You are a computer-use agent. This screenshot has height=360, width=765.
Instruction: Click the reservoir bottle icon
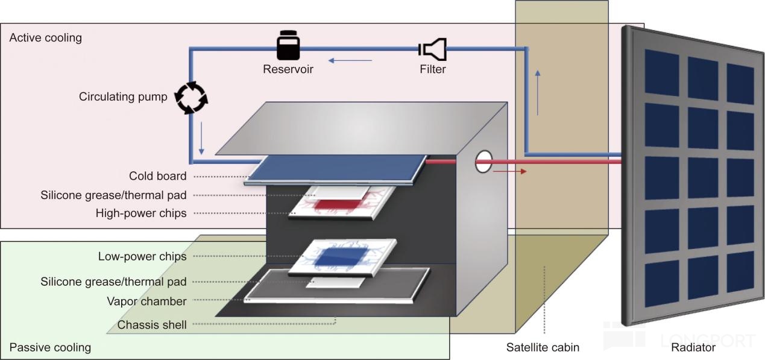tap(288, 46)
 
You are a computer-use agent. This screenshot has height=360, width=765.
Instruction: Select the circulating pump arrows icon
tap(191, 98)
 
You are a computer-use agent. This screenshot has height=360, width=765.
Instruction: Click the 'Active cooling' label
tap(45, 38)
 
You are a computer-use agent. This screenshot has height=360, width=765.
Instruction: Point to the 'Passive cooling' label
tap(50, 347)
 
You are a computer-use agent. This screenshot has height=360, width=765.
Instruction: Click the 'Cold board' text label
tap(157, 176)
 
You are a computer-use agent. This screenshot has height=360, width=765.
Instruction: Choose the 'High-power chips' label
tap(141, 213)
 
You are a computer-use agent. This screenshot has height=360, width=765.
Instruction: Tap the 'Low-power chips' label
tap(142, 256)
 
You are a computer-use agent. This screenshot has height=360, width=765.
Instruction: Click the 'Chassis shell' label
tap(152, 325)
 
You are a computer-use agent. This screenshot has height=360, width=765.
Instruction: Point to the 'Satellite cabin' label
tap(543, 347)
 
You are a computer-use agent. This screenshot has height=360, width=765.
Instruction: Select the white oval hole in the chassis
tap(483, 162)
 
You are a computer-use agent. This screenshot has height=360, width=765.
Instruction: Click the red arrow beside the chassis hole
tap(510, 171)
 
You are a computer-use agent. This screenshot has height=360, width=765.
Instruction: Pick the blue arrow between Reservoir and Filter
tap(350, 60)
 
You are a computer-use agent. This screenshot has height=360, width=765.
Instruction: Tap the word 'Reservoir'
tap(288, 69)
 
